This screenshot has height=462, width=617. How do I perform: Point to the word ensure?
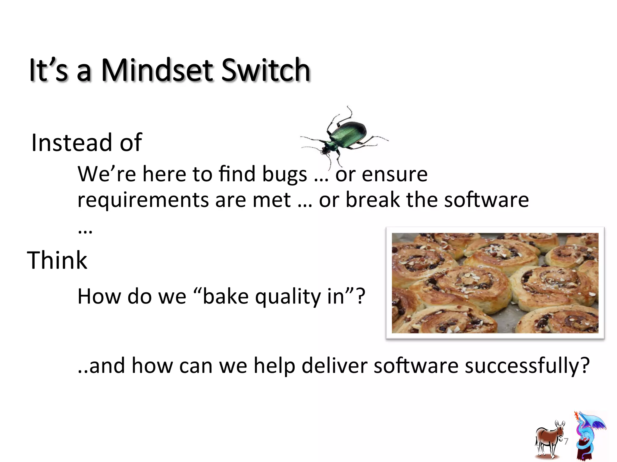394,174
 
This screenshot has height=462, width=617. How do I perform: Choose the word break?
373,200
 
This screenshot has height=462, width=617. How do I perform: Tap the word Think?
57,260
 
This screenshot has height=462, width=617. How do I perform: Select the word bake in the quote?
226,297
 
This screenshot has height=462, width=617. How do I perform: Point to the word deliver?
334,366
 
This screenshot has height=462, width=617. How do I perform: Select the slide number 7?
566,441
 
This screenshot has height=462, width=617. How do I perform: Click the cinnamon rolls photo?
495,283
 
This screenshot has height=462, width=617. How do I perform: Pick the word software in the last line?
416,366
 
